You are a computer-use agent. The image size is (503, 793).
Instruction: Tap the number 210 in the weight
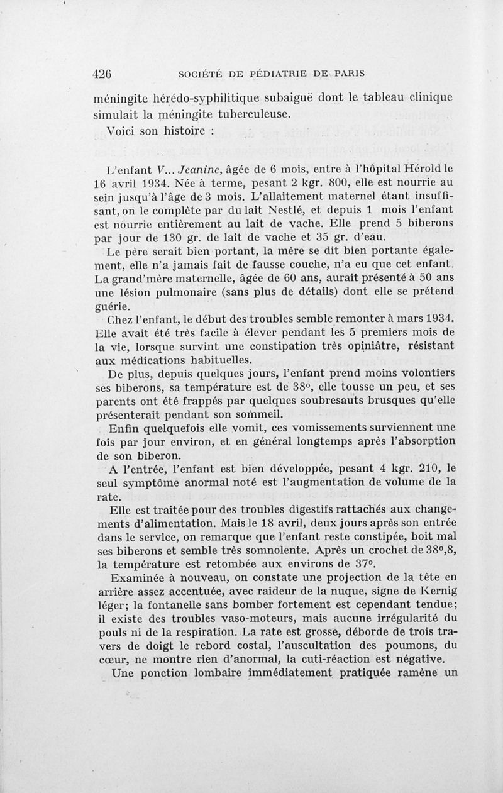click(417, 469)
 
